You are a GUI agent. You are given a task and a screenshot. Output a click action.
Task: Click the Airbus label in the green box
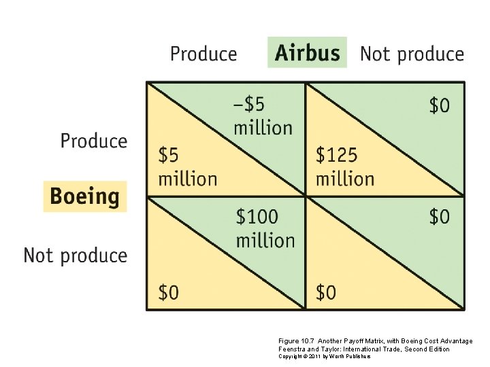point(307,53)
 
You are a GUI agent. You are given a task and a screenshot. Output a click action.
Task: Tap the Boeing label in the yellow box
point(84,196)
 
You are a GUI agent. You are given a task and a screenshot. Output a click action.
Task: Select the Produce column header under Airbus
point(203,54)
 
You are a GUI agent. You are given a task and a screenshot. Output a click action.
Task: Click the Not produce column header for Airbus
point(412,54)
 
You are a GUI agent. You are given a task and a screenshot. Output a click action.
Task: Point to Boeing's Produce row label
point(94,141)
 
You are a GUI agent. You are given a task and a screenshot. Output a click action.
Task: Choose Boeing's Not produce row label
point(76,256)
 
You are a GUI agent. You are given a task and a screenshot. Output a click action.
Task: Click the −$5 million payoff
point(263,116)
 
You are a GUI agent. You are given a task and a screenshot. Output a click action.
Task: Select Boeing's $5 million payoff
point(187,167)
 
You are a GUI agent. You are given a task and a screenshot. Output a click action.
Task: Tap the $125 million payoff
point(344,167)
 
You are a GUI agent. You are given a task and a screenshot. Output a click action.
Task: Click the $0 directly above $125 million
point(439,105)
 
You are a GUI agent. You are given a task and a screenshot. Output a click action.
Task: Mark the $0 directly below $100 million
point(169,292)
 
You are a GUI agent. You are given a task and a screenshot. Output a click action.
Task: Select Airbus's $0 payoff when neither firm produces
point(439,217)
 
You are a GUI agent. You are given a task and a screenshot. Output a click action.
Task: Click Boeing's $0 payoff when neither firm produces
point(326,292)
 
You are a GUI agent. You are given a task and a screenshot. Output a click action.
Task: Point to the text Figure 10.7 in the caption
point(295,341)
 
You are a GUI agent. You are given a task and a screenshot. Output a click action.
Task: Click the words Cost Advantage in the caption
point(444,341)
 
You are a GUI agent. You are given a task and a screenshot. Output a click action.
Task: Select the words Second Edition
point(427,349)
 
